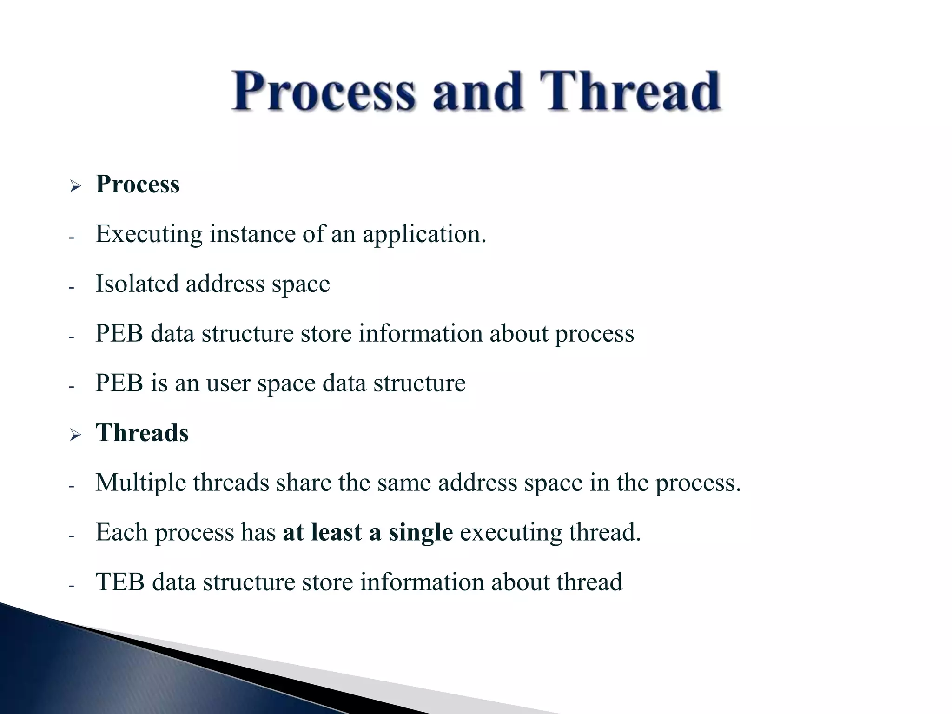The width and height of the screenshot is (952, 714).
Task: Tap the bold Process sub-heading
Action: point(138,184)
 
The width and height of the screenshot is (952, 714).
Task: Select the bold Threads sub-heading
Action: point(142,433)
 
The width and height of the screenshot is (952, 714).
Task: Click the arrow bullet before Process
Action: point(75,187)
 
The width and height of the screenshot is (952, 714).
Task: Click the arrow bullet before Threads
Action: point(75,436)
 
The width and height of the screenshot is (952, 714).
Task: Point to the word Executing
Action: point(149,234)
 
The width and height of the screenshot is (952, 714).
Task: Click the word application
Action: point(424,234)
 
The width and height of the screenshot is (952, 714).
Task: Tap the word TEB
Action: point(120,582)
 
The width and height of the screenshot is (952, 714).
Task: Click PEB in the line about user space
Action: point(119,383)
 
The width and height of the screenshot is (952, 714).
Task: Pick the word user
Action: point(228,384)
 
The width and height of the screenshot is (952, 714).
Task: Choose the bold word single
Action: point(421,533)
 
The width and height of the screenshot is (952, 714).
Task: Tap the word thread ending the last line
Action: point(589,582)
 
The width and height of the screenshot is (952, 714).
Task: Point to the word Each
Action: point(122,532)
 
